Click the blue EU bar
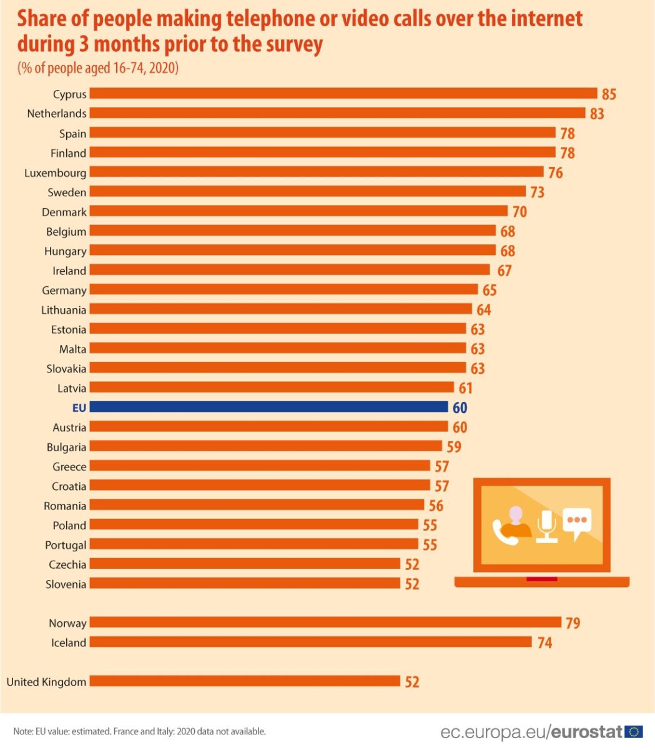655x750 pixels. [268, 407]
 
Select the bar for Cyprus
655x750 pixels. [343, 94]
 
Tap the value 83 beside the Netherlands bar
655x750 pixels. [597, 114]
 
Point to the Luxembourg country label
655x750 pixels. [56, 172]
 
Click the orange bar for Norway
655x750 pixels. [325, 622]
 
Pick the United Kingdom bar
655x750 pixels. [244, 681]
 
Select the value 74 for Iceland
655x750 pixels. [544, 642]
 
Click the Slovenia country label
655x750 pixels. [66, 584]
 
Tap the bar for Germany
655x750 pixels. [283, 290]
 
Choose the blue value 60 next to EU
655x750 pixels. [460, 408]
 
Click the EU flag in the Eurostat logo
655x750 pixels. [634, 732]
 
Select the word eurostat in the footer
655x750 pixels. [587, 732]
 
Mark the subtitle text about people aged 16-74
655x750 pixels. [98, 68]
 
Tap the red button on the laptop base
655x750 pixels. [541, 579]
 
